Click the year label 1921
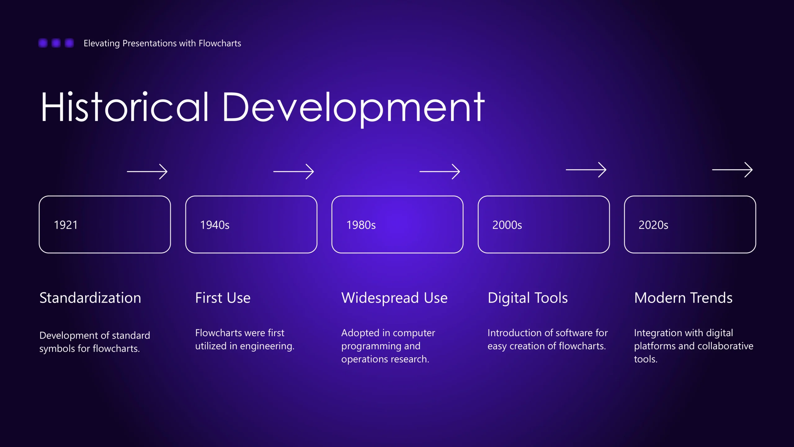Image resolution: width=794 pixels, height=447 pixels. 66,225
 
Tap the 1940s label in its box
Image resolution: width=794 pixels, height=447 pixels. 215,225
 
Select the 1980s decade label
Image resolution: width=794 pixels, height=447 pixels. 361,225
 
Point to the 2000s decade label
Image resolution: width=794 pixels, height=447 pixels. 507,225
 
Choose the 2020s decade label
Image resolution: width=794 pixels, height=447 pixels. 653,225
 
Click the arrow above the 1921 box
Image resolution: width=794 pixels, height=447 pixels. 147,172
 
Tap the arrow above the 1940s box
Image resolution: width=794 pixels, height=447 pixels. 293,172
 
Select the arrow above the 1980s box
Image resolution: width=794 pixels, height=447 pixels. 440,172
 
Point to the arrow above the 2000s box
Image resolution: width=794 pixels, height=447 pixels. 586,170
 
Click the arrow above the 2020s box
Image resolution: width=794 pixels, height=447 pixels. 732,170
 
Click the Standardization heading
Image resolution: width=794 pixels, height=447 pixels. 90,298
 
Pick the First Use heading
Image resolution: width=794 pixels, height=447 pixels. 223,298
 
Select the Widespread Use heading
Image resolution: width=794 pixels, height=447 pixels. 395,298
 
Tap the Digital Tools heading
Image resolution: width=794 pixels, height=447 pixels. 528,298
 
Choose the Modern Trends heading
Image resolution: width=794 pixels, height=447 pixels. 683,298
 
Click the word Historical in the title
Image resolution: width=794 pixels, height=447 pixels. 125,107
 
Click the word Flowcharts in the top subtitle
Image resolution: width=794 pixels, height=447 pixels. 220,43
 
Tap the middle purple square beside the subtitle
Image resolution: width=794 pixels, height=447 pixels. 56,43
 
